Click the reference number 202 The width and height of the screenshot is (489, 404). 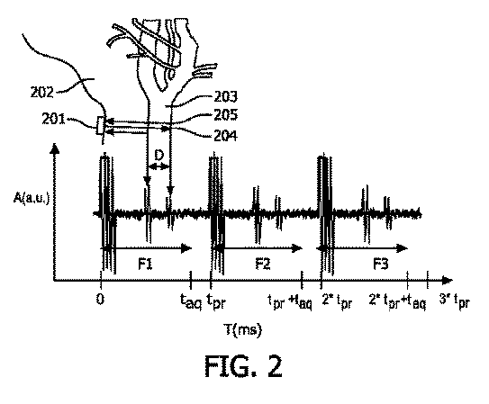[x=42, y=92]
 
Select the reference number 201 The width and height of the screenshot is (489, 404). [x=53, y=119]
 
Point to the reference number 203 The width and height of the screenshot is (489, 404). [x=225, y=96]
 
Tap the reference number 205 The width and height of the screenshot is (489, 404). [x=225, y=114]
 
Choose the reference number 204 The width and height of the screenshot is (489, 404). [x=225, y=136]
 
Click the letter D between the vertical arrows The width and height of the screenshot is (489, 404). [x=159, y=155]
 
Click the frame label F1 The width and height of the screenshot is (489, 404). [x=145, y=265]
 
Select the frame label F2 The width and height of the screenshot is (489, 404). [x=263, y=265]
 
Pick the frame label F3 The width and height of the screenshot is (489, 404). [x=381, y=265]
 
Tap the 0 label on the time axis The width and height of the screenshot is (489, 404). [x=100, y=299]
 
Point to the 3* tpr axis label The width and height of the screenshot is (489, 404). [x=454, y=301]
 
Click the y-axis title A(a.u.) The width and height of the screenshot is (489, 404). [x=32, y=197]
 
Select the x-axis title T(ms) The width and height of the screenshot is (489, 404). [x=243, y=329]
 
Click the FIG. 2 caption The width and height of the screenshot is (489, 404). [x=243, y=366]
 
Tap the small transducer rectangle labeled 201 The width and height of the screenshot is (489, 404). [x=100, y=126]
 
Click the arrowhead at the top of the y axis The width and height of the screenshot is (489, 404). [x=55, y=148]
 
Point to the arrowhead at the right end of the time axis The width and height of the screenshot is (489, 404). [x=448, y=281]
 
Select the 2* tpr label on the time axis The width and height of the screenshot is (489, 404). [x=337, y=301]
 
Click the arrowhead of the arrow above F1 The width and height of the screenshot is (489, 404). [x=186, y=248]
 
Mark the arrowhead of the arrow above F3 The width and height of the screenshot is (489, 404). [x=403, y=248]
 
